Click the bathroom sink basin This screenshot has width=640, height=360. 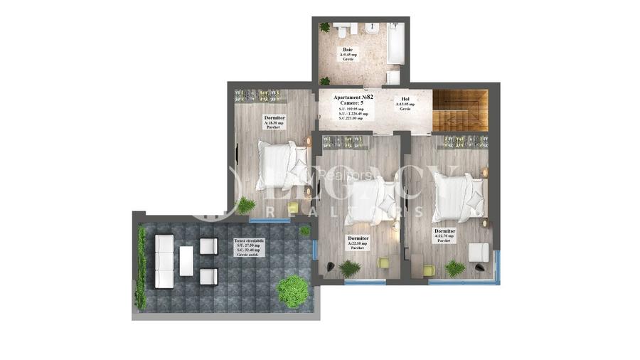[x=370, y=31]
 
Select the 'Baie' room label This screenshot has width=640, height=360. [x=348, y=51]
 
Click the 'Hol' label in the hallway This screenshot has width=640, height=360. [x=405, y=100]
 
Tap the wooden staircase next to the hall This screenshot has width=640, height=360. [x=460, y=110]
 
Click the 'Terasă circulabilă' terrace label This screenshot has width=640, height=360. [x=249, y=241]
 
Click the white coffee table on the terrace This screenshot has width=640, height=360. [x=187, y=261]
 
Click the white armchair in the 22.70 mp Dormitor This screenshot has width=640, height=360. [x=478, y=253]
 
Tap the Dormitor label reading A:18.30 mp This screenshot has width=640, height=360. [x=274, y=118]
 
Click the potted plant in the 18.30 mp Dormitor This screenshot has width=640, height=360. [x=246, y=206]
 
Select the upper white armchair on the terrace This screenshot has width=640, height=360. [x=208, y=247]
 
